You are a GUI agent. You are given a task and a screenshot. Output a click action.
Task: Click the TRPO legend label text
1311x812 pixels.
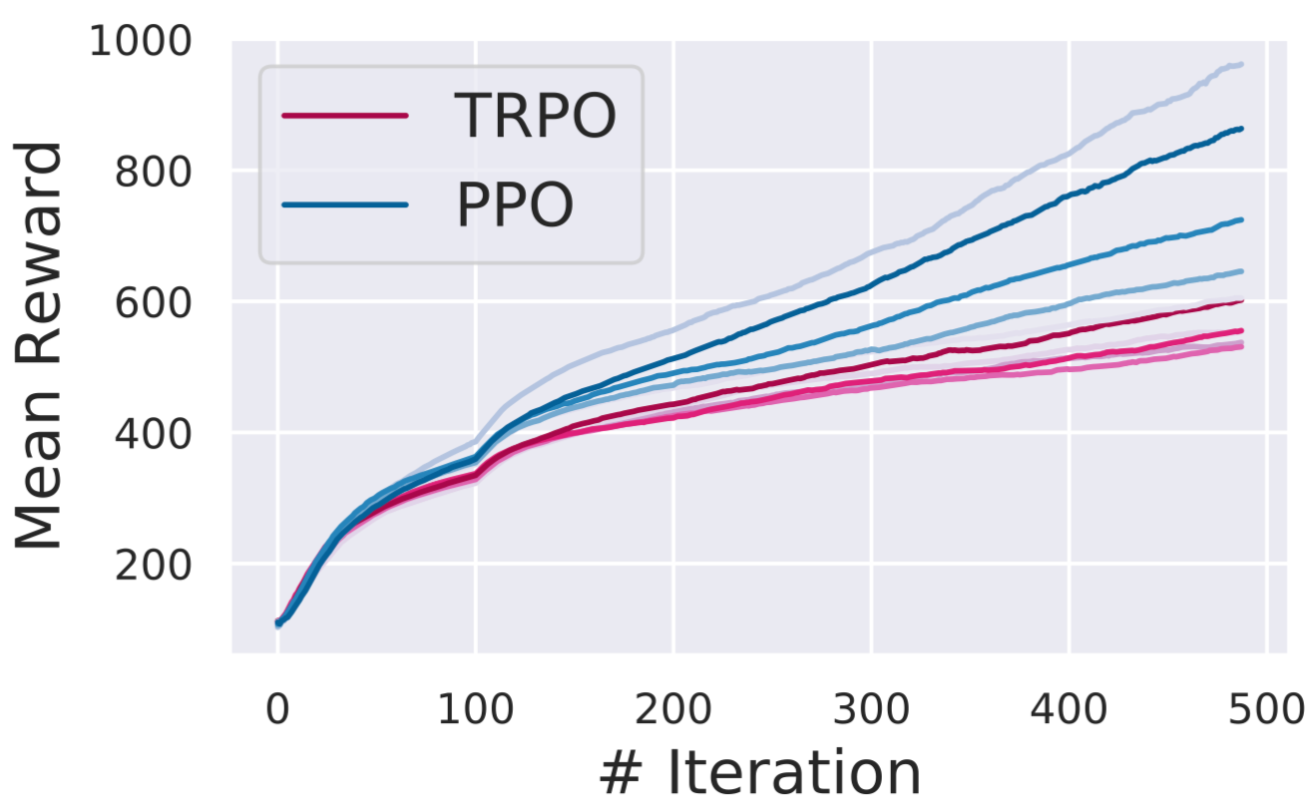535,116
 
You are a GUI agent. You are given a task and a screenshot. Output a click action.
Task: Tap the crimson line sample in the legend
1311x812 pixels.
345,116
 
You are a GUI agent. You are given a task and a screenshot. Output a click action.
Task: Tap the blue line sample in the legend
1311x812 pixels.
345,205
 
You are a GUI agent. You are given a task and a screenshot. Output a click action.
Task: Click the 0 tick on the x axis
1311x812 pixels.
277,709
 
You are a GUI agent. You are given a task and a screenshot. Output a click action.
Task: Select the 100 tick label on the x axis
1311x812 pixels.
475,709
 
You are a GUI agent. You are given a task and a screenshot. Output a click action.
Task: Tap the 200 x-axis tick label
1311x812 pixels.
673,709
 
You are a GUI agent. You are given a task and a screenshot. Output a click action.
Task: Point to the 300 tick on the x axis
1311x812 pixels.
871,709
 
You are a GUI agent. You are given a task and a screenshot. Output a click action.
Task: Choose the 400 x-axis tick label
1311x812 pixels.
1069,709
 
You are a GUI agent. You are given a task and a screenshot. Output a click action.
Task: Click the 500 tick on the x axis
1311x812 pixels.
1266,709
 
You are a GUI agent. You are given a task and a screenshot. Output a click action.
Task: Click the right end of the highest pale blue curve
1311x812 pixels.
1241,65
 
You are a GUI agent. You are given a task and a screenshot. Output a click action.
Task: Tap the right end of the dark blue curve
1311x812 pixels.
1241,129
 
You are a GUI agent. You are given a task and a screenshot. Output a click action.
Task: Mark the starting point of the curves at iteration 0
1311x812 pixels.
278,623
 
